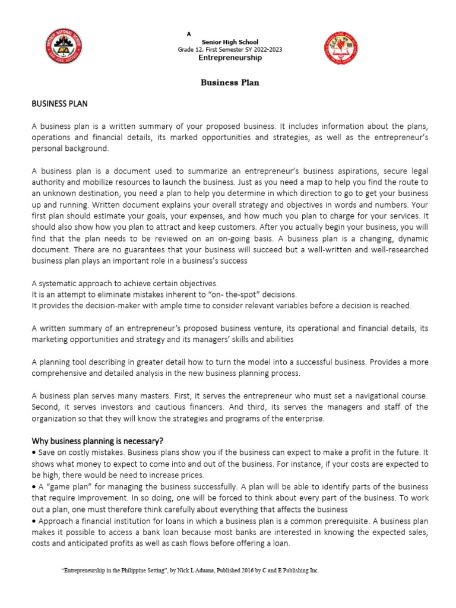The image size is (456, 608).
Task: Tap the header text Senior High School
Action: pos(230,42)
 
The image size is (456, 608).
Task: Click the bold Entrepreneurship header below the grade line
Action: pos(230,58)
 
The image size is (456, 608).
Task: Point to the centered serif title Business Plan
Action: pos(230,83)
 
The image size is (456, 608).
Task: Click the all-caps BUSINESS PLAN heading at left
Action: pos(59,103)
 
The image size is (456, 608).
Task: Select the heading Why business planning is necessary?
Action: pos(97,441)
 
